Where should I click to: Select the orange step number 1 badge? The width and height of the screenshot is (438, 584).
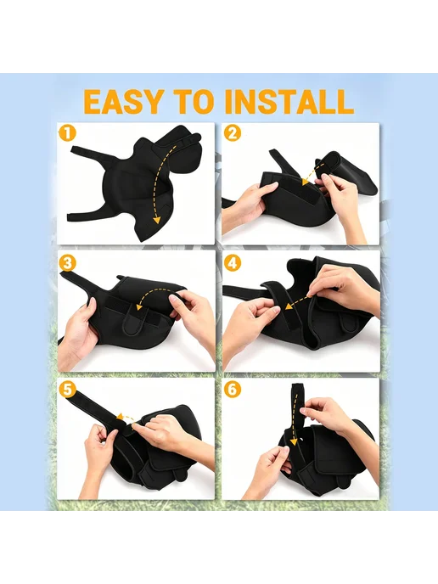(x=67, y=133)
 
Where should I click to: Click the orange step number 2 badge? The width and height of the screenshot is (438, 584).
(x=232, y=133)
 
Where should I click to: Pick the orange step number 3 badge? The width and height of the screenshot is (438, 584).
(x=67, y=263)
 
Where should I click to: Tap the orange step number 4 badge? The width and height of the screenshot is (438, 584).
(x=232, y=263)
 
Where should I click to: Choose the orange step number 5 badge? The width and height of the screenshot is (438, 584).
(x=67, y=390)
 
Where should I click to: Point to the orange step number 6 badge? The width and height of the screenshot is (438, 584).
(x=232, y=390)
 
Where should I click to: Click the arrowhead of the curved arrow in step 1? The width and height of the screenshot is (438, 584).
(x=157, y=219)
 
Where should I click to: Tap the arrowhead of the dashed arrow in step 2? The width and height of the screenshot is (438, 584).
(x=306, y=182)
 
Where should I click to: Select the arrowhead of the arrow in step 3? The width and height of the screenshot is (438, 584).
(x=140, y=307)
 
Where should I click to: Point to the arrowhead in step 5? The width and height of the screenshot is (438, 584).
(x=120, y=416)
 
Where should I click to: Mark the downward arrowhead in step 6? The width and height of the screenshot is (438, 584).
(x=294, y=441)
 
